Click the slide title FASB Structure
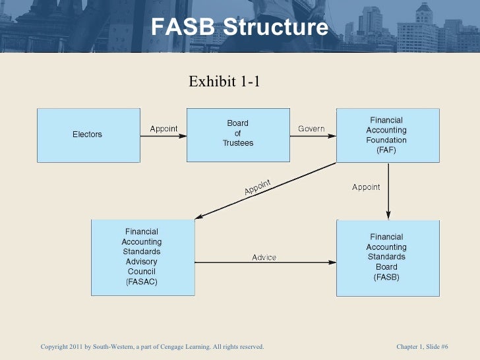[239, 28]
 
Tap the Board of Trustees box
[237, 135]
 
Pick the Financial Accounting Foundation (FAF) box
[387, 135]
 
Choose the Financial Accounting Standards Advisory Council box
[141, 256]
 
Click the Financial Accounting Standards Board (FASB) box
[387, 256]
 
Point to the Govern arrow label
[311, 129]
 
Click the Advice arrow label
[264, 257]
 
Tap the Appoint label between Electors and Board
[164, 129]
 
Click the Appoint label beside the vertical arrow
[366, 187]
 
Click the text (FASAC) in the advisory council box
[141, 282]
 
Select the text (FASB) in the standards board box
[386, 278]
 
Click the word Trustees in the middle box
[237, 143]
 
